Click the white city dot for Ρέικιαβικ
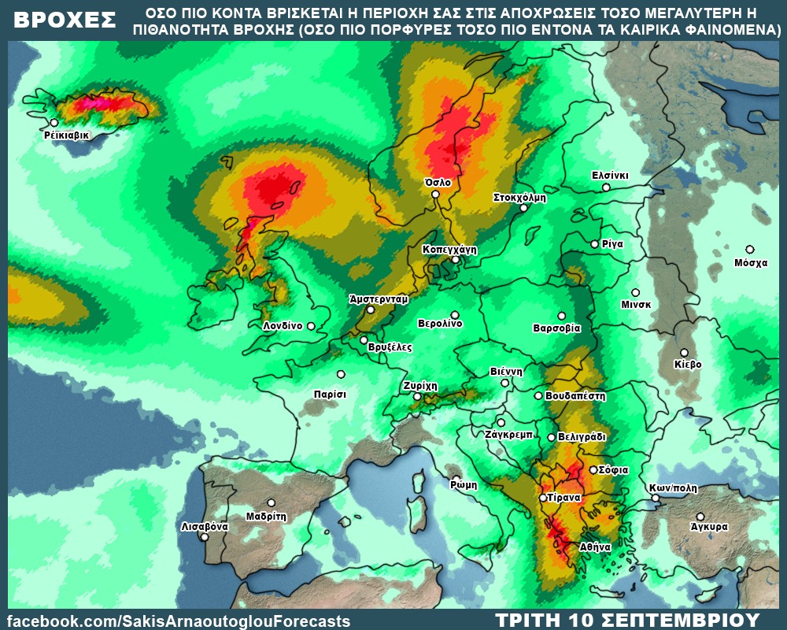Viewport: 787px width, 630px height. tap(54, 123)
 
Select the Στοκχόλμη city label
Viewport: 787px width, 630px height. tap(519, 198)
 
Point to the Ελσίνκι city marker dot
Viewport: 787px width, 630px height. tap(606, 187)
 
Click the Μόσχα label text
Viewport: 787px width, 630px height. tap(750, 263)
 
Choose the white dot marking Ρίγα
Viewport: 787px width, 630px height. tap(595, 244)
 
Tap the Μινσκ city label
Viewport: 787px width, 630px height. tap(635, 306)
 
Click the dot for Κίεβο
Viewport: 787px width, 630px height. tap(685, 353)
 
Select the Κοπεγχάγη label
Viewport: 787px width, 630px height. tap(450, 249)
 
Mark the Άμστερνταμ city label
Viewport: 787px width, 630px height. tap(379, 299)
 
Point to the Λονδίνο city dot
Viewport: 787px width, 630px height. tap(311, 326)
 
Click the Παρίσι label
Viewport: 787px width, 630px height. tap(330, 393)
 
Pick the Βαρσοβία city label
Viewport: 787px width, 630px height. tap(556, 328)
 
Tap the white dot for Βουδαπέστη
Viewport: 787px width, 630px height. tap(538, 396)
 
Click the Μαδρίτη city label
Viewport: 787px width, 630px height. tap(265, 517)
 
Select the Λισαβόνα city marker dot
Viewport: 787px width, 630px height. tap(205, 537)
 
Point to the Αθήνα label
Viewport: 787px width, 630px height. tap(595, 546)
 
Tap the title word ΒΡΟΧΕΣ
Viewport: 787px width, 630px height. tap(65, 21)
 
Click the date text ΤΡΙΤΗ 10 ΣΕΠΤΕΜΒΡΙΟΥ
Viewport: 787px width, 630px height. tap(627, 620)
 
